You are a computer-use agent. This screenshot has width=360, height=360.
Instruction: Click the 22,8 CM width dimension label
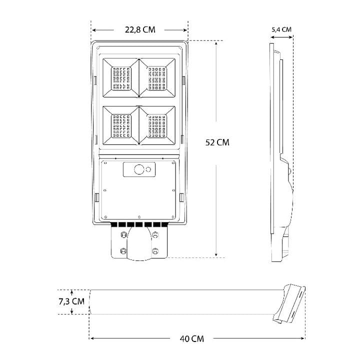[140, 30]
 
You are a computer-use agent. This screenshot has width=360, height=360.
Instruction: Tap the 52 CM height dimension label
[217, 142]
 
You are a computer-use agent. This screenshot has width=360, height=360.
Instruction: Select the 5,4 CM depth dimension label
[281, 29]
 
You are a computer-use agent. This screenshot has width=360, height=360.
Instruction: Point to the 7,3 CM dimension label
[71, 301]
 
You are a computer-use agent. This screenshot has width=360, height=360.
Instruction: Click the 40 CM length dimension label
[192, 339]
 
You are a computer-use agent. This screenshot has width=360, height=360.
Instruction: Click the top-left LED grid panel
[121, 78]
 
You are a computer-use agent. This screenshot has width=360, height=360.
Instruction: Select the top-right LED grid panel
[157, 78]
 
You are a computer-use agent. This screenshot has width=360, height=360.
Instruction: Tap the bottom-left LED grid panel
[121, 126]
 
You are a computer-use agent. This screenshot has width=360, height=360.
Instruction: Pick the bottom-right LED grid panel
[157, 126]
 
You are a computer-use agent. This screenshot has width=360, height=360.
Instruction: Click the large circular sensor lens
[139, 169]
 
